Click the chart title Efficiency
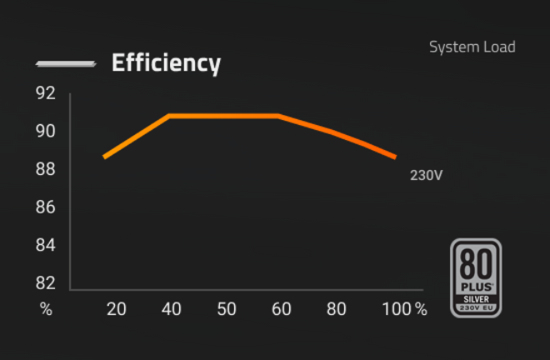coord(166,63)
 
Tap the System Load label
coord(472,47)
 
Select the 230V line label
coord(426,176)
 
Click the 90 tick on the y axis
coord(45,131)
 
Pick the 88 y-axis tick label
coord(45,169)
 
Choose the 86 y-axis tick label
coord(45,207)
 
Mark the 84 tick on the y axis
coord(45,245)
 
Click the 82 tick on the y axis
coord(45,282)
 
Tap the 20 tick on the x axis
coord(117,309)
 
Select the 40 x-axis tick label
coord(172,309)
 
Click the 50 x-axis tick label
coord(227,309)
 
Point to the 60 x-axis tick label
coord(282,309)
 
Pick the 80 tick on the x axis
coord(337,309)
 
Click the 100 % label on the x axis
coord(404,309)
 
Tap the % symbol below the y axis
coord(46,309)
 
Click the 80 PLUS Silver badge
coord(476,277)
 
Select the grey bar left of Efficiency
coord(65,64)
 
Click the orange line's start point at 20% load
coord(104,157)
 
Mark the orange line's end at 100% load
coord(395,157)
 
